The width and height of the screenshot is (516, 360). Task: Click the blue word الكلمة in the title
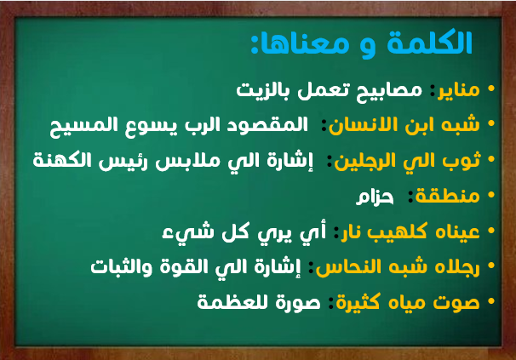point(430,43)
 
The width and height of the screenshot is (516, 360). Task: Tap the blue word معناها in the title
point(301,45)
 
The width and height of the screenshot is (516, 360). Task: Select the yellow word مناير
point(458,90)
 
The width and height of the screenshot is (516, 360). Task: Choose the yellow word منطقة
point(447,197)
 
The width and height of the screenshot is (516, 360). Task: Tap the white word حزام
point(375,197)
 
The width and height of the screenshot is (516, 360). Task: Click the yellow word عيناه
point(457,232)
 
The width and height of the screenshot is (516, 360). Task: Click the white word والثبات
point(122,267)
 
